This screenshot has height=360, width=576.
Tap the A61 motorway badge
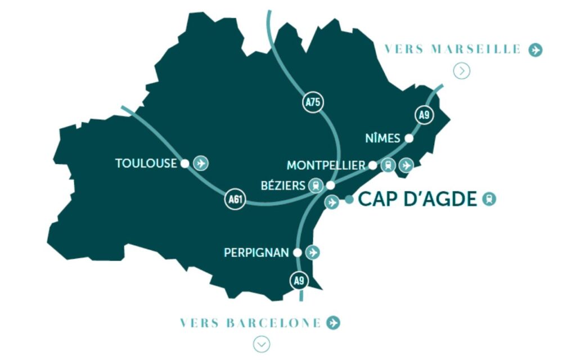click(x=235, y=200)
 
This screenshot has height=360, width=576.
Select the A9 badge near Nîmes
click(x=425, y=115)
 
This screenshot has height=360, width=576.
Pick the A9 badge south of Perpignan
click(x=299, y=280)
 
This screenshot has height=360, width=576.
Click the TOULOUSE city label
click(x=146, y=164)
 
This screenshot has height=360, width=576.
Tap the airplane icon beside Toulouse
click(x=201, y=163)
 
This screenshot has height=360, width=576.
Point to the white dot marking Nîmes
click(x=409, y=138)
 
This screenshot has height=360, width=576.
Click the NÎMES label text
click(x=382, y=138)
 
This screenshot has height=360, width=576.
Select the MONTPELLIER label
click(x=326, y=165)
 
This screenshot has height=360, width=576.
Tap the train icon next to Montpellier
click(x=388, y=165)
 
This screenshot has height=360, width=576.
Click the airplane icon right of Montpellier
click(x=406, y=165)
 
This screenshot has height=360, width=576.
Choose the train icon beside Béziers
click(x=316, y=185)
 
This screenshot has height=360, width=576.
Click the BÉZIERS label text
click(x=283, y=185)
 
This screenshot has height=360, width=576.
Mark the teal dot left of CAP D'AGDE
click(x=349, y=199)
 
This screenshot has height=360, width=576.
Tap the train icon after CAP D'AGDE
click(x=489, y=199)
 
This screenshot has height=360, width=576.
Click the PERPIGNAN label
click(x=256, y=253)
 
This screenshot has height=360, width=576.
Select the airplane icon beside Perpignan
click(x=313, y=253)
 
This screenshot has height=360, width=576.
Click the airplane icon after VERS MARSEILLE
click(x=535, y=50)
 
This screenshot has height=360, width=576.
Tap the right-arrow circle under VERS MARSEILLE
click(x=462, y=71)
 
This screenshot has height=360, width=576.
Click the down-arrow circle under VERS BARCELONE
click(x=261, y=344)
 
